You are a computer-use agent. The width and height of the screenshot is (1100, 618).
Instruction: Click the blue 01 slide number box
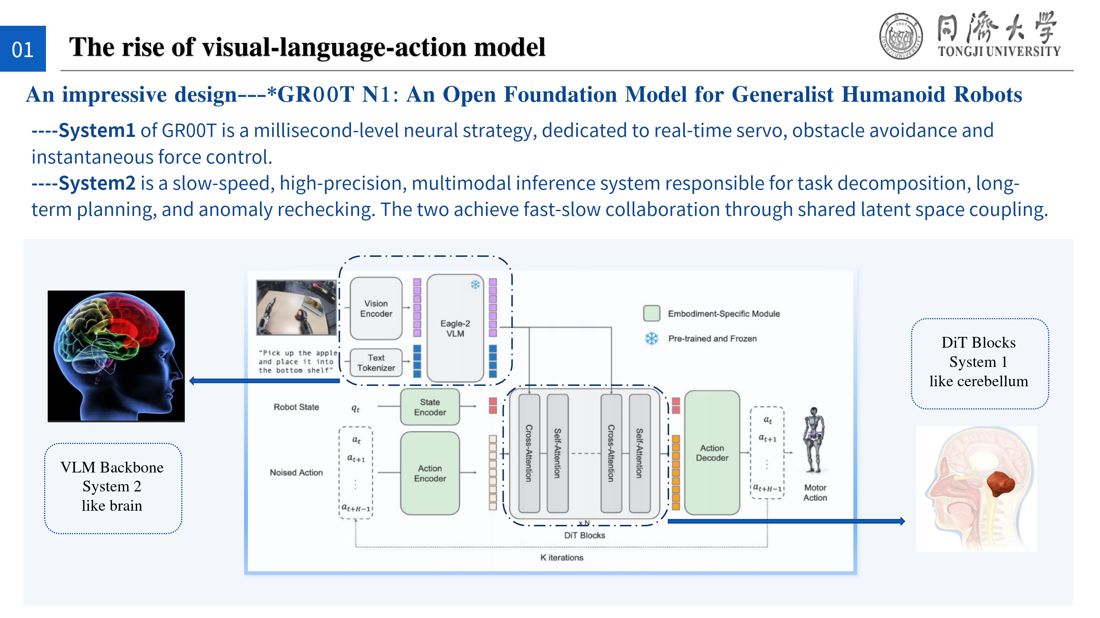(x=23, y=49)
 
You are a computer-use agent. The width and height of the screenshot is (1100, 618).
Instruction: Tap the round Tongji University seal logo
(x=901, y=36)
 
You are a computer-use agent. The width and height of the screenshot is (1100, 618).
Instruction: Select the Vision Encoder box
(x=376, y=309)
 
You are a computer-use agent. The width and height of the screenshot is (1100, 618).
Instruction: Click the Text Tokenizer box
(x=376, y=363)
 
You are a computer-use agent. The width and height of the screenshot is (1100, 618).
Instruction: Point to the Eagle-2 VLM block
(x=455, y=328)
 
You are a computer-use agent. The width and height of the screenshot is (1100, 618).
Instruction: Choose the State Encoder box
(x=430, y=407)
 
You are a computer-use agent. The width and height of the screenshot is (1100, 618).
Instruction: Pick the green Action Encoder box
(x=430, y=473)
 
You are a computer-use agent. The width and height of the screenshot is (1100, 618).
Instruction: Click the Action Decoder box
(x=712, y=453)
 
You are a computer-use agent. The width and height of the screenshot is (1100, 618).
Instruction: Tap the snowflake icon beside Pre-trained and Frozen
(x=651, y=339)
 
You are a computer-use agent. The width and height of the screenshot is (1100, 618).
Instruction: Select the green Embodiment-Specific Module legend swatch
(x=651, y=313)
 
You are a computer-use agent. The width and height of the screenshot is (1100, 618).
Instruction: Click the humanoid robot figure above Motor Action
(x=813, y=440)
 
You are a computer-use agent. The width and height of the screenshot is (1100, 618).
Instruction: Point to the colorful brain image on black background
(x=116, y=356)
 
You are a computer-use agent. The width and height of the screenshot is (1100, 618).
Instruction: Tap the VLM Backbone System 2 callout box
(x=113, y=488)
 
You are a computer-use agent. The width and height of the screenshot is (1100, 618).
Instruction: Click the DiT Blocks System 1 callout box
(x=979, y=363)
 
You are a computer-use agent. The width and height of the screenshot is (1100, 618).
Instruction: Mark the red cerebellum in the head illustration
(x=1001, y=483)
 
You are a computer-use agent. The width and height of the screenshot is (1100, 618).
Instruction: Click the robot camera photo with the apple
(x=296, y=307)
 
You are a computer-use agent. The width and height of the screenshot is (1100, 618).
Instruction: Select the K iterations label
(x=562, y=557)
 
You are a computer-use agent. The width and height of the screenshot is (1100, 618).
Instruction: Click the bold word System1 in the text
(x=97, y=130)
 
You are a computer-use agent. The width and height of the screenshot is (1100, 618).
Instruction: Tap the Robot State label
(x=296, y=407)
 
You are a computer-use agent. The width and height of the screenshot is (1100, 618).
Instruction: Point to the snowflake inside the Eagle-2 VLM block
(x=475, y=285)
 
